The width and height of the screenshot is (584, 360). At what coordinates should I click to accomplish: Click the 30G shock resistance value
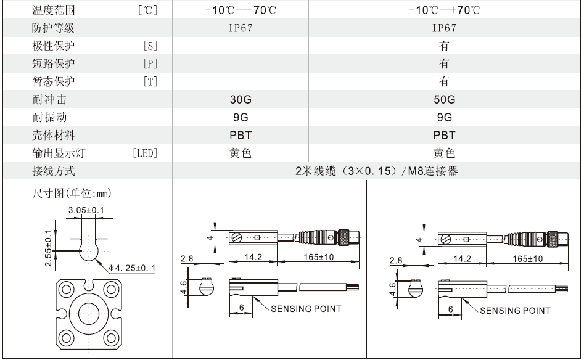[241, 99]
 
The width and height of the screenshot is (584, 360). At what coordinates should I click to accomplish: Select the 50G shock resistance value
[445, 99]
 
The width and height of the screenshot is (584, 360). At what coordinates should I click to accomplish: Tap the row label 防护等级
[53, 28]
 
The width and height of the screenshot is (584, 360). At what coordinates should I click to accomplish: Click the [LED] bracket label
[145, 153]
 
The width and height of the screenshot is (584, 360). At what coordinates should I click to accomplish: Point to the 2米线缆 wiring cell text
[377, 171]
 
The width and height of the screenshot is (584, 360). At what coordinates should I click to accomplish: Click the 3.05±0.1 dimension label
[86, 210]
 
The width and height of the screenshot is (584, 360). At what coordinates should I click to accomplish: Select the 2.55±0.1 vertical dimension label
[49, 248]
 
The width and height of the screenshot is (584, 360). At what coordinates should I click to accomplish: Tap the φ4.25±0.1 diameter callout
[132, 268]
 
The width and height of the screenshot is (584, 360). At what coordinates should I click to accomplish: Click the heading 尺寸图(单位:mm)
[72, 193]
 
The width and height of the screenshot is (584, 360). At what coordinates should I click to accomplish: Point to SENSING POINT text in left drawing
[306, 309]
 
